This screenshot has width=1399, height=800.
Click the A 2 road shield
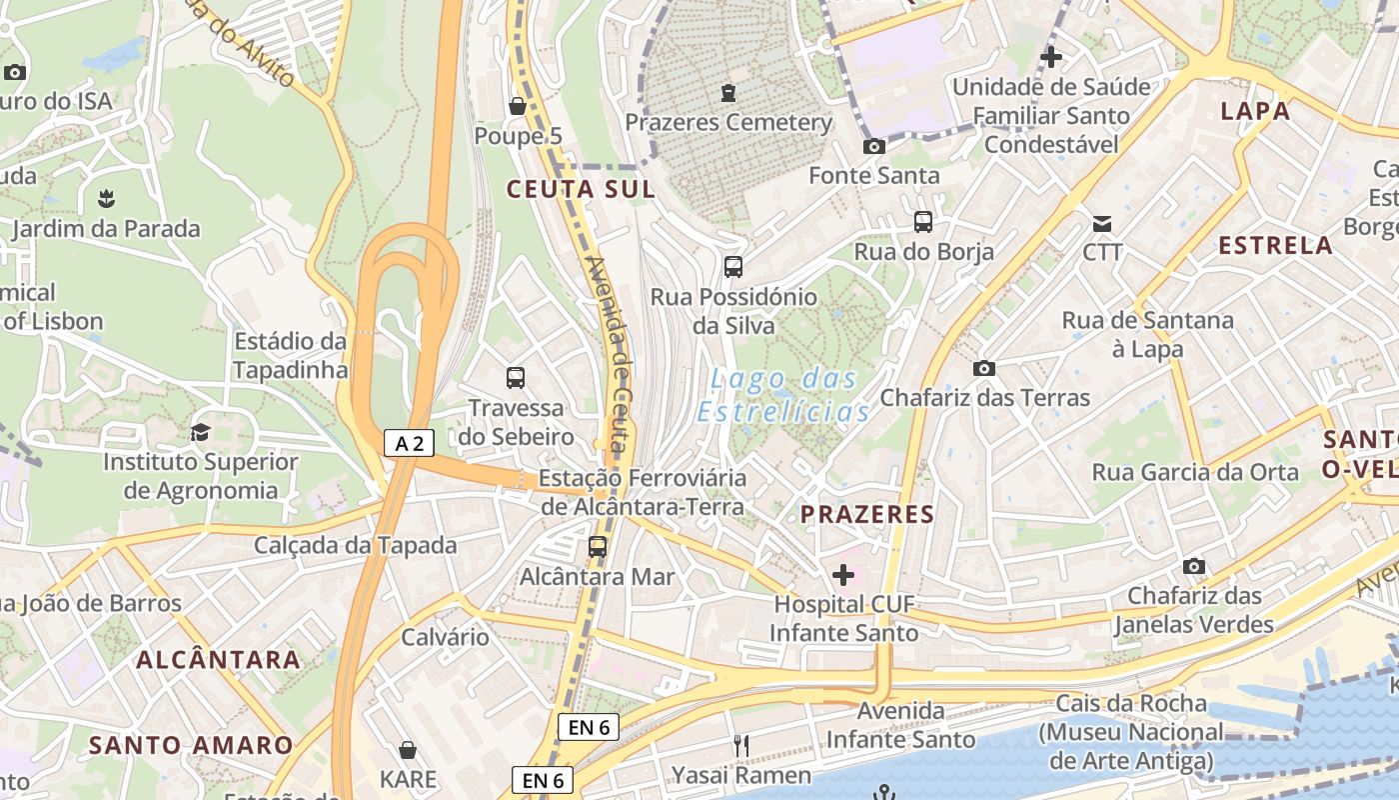409,443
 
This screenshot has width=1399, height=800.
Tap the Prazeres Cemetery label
728,122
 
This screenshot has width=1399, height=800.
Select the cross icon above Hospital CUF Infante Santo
843,575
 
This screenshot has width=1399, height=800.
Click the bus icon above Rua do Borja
923,222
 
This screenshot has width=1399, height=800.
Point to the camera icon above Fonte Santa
874,147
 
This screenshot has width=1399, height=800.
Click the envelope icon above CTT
1102,223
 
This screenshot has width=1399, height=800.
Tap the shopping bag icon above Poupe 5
518,106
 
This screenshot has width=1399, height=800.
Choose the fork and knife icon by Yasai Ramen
740,745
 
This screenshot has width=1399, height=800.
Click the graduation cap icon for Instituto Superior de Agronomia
200,432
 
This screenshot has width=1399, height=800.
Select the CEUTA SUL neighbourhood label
581,189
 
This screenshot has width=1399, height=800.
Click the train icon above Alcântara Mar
598,547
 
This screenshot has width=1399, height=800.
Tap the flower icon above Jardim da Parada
106,199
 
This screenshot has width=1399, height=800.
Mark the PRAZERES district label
867,515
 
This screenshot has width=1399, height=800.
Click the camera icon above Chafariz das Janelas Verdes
1193,567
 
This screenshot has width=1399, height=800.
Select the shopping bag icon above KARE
408,750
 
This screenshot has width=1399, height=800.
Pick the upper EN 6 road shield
589,727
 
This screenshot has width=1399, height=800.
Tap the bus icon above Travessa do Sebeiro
516,378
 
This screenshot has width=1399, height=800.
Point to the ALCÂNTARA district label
218,659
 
